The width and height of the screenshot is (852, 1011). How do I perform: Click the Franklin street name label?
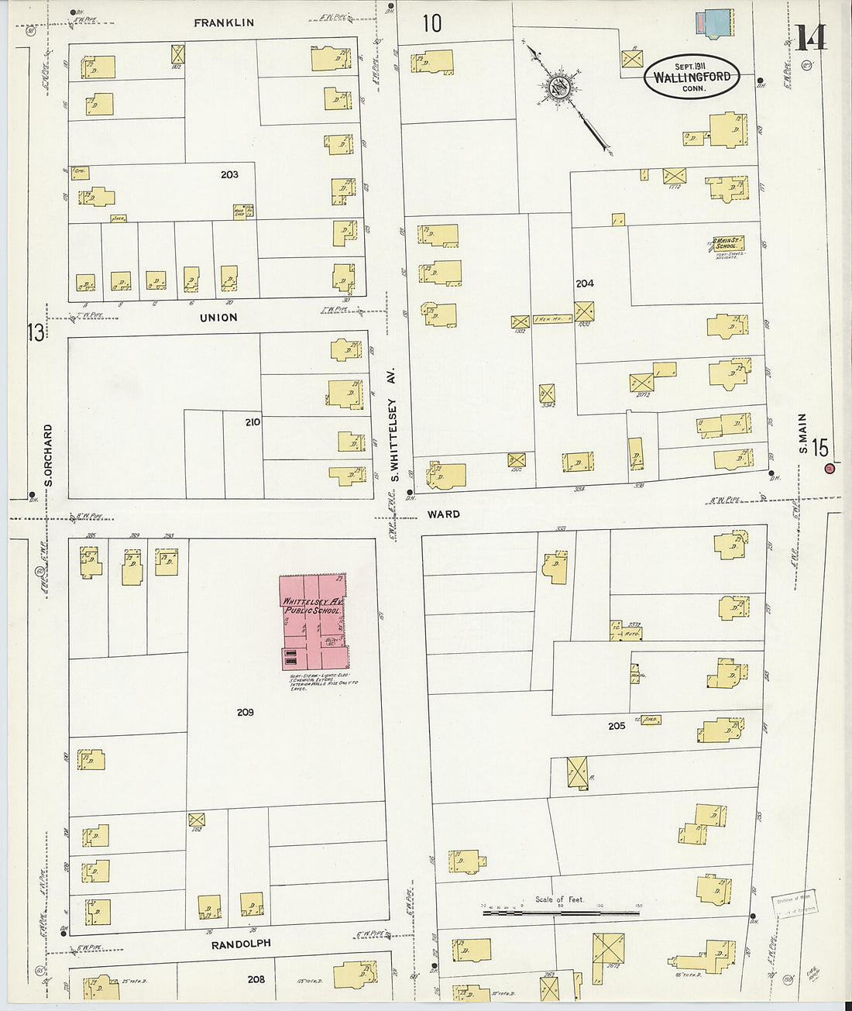(223, 23)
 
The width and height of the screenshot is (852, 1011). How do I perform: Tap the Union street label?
(218, 318)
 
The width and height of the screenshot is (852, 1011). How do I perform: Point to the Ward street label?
(443, 514)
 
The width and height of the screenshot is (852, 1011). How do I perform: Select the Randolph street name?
(242, 944)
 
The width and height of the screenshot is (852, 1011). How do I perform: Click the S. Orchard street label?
(48, 456)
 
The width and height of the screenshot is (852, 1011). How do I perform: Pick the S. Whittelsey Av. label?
(393, 425)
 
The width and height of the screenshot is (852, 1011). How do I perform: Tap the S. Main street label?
(802, 434)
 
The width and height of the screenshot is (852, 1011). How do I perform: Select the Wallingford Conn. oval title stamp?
(692, 77)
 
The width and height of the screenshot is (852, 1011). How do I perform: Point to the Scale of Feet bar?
(561, 913)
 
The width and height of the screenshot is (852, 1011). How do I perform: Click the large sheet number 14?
(810, 37)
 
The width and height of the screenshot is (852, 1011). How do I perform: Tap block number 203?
(229, 175)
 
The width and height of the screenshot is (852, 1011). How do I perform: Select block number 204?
(585, 284)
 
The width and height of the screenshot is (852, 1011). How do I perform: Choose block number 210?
(253, 422)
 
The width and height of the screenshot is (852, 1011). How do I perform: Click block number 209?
(245, 712)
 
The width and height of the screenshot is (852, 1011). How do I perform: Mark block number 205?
(617, 726)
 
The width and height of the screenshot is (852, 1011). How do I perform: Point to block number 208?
(256, 979)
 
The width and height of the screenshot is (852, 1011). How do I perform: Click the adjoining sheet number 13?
(36, 332)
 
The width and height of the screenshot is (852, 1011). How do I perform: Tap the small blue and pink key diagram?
(714, 23)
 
